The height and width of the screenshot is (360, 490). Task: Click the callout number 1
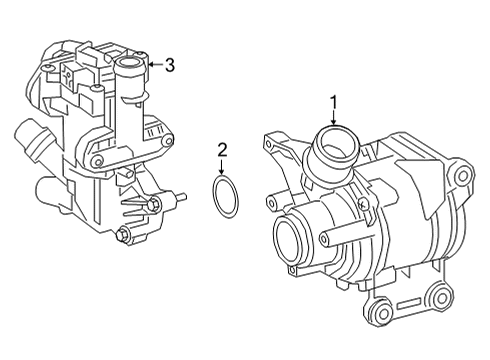[334, 102]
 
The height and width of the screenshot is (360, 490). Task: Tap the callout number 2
[222, 150]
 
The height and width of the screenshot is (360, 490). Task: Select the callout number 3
[170, 65]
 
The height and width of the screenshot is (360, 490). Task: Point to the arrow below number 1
[334, 118]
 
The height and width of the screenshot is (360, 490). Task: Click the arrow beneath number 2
[222, 166]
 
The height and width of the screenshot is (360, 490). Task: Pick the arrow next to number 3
[155, 64]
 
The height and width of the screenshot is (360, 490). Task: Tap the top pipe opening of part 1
[335, 142]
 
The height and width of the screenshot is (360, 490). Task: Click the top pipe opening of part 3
[129, 62]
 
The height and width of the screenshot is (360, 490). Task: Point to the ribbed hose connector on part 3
[32, 140]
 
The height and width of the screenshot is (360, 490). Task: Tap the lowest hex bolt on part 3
[122, 235]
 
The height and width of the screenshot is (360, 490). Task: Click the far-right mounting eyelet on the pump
[462, 175]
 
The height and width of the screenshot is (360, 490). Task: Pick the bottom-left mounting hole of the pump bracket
[383, 313]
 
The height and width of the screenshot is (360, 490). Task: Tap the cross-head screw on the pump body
[364, 205]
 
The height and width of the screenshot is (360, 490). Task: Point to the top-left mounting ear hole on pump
[268, 144]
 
